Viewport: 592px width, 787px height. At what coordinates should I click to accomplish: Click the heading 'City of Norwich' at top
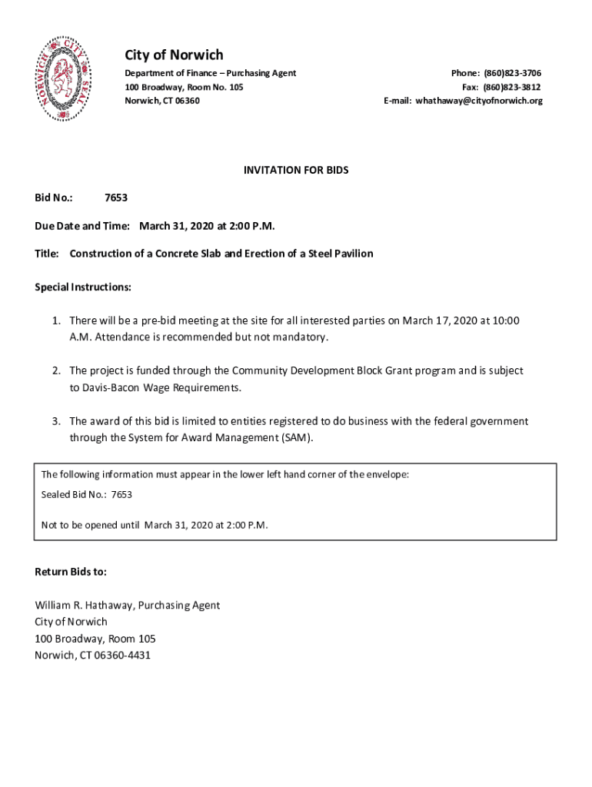[174, 55]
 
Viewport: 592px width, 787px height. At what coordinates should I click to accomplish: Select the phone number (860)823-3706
[512, 73]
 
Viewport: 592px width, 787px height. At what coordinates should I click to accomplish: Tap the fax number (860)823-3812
[512, 87]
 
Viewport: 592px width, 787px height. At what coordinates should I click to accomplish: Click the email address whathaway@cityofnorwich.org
[479, 101]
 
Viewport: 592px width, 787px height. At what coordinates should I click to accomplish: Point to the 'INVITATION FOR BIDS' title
[296, 170]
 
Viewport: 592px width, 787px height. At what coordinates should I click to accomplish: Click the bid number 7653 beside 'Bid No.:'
[116, 198]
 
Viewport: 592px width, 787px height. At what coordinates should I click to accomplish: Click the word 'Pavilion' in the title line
[351, 254]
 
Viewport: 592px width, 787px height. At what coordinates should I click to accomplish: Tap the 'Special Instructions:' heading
[83, 287]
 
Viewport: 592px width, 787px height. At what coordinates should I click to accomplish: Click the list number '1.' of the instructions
[57, 320]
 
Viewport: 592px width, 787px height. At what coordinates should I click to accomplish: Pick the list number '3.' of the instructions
[57, 421]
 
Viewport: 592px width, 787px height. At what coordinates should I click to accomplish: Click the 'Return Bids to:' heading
[71, 572]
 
